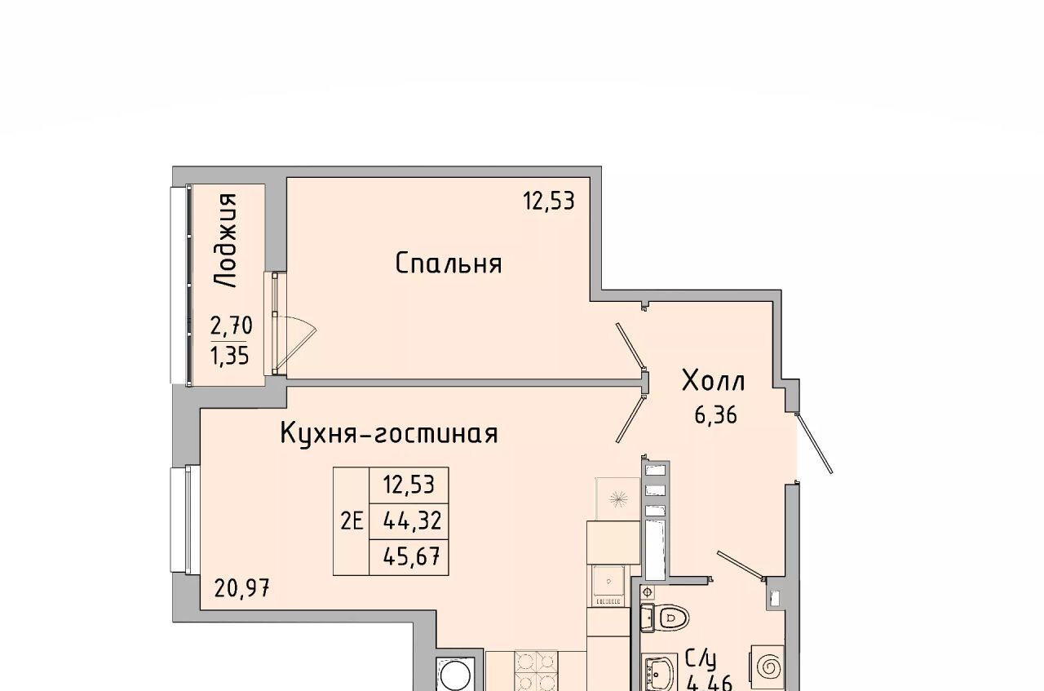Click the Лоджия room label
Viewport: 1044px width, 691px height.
click(x=226, y=240)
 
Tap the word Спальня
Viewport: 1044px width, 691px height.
click(x=449, y=264)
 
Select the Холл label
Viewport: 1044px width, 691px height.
click(x=714, y=381)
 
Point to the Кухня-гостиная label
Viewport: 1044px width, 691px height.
click(x=390, y=434)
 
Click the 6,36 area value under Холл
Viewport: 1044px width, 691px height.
click(x=716, y=414)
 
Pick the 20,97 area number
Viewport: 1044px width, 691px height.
click(x=242, y=588)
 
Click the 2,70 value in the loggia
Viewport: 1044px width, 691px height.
click(x=231, y=326)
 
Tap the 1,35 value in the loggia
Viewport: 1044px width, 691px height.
click(x=230, y=357)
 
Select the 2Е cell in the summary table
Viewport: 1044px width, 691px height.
click(x=352, y=521)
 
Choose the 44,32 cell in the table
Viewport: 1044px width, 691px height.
click(x=412, y=520)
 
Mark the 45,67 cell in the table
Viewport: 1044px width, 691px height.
click(x=412, y=556)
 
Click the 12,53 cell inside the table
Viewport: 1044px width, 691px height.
click(x=409, y=485)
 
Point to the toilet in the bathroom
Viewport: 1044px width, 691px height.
click(x=665, y=618)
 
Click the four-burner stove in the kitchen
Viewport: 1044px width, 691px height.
click(x=536, y=671)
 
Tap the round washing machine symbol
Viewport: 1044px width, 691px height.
click(x=455, y=674)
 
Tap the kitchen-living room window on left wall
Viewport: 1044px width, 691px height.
click(x=185, y=520)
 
